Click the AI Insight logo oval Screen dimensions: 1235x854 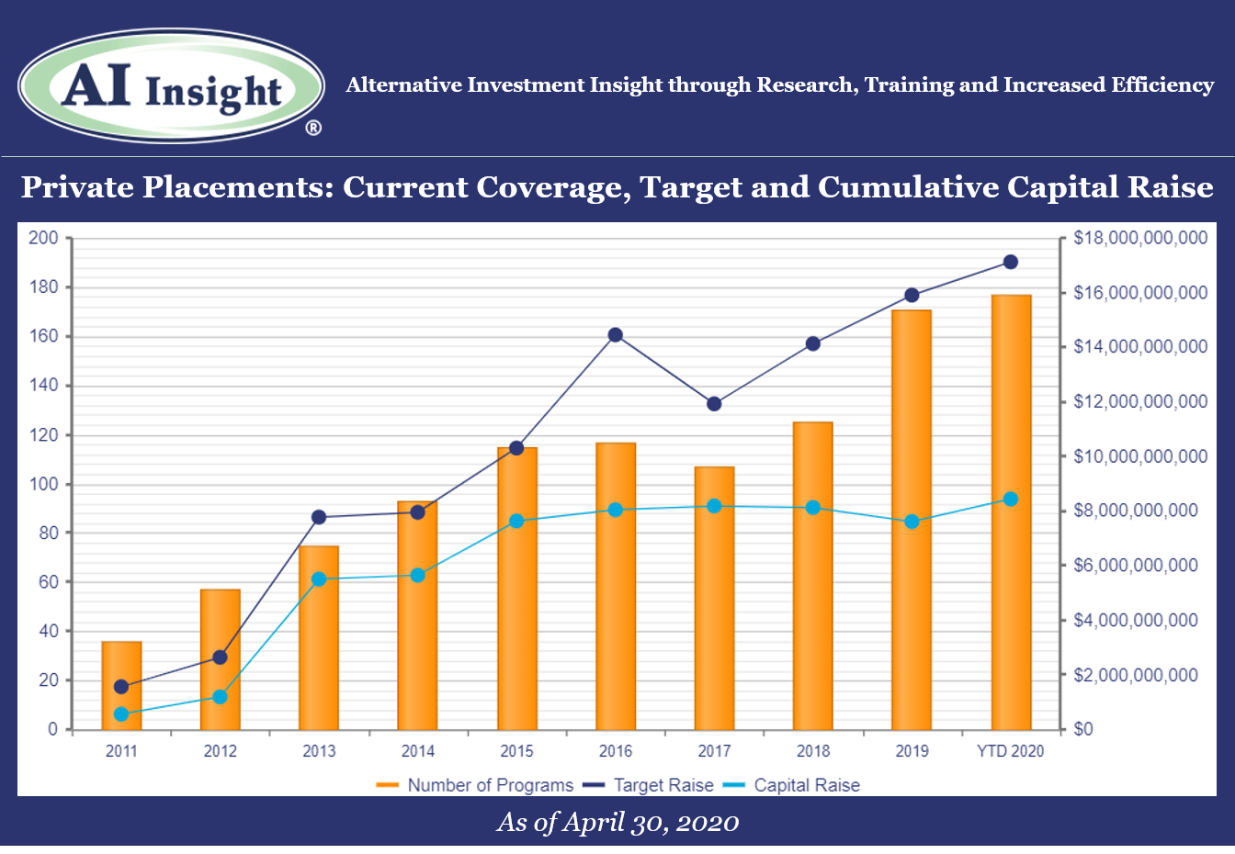pyautogui.click(x=171, y=86)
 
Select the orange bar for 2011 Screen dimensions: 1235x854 pyautogui.click(x=121, y=685)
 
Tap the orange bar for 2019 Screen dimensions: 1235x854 pyautogui.click(x=912, y=520)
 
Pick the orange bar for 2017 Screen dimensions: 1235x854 pyautogui.click(x=714, y=599)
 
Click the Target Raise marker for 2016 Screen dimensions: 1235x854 pyautogui.click(x=616, y=335)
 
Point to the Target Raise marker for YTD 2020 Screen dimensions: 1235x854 pyautogui.click(x=1010, y=262)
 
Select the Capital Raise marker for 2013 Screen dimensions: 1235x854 pyautogui.click(x=319, y=579)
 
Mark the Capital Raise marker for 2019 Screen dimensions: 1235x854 pyautogui.click(x=912, y=522)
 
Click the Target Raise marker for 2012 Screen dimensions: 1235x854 pyautogui.click(x=220, y=657)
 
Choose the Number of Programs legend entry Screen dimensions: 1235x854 pyautogui.click(x=475, y=784)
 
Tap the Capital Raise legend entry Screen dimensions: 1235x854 pyautogui.click(x=791, y=784)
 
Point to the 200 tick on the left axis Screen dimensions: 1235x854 pyautogui.click(x=43, y=238)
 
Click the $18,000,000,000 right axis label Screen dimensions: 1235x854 pyautogui.click(x=1140, y=238)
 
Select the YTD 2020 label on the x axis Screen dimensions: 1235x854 pyautogui.click(x=1010, y=750)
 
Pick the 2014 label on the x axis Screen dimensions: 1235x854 pyautogui.click(x=417, y=750)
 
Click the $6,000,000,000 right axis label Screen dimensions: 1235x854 pyautogui.click(x=1135, y=566)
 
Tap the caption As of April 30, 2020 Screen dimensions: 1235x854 pyautogui.click(x=617, y=823)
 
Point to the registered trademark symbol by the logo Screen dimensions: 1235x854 pyautogui.click(x=313, y=128)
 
